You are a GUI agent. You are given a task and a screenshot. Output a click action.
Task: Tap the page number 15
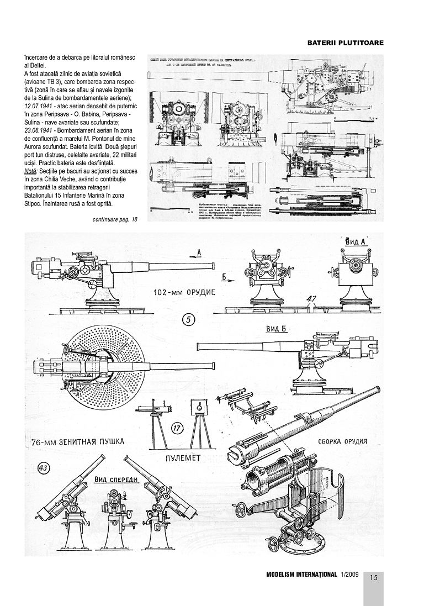click(373, 578)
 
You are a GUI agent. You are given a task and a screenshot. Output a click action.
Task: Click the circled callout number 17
click(177, 428)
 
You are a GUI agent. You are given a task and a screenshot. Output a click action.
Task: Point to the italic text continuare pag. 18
click(115, 220)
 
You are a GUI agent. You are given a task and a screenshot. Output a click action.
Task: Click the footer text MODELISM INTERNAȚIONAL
click(301, 576)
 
